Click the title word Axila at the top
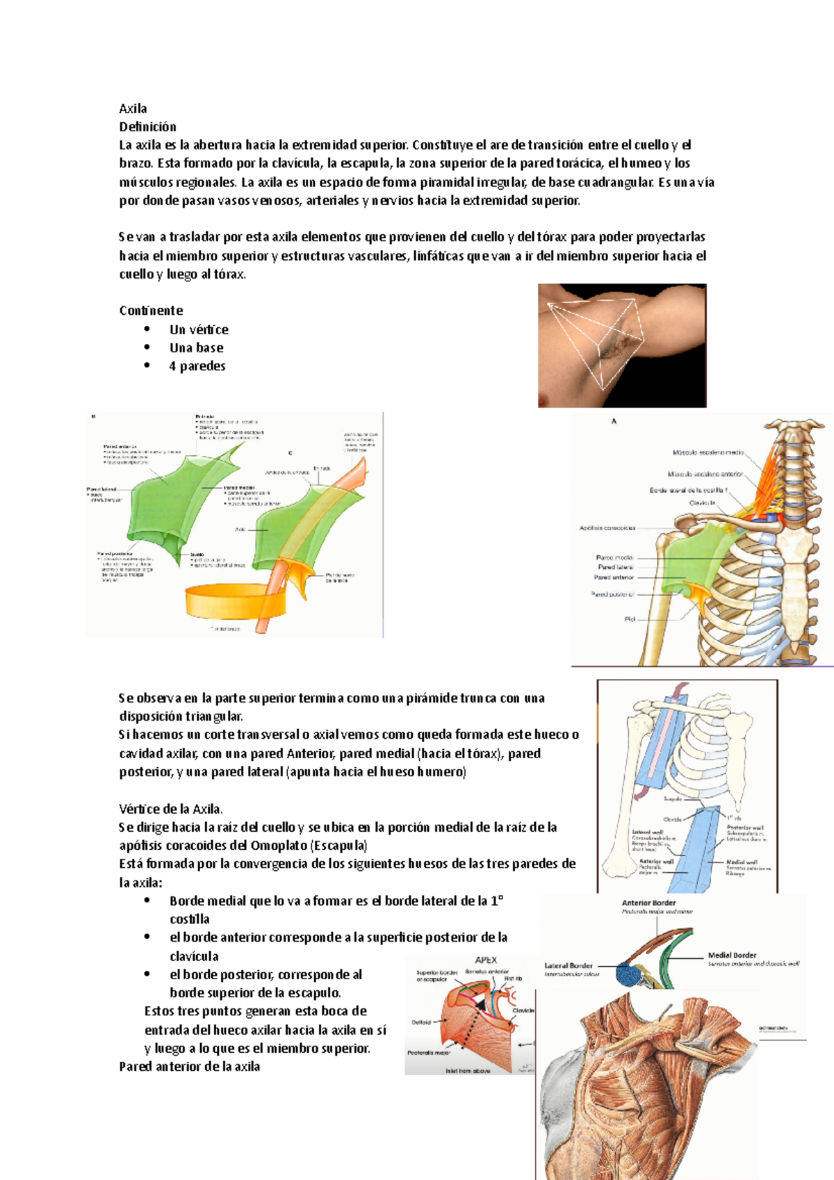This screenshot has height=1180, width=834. (x=133, y=108)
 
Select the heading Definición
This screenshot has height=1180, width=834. (x=147, y=126)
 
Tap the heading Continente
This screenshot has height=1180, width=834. (x=151, y=311)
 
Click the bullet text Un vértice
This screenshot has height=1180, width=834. (x=199, y=329)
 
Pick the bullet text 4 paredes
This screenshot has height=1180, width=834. (x=197, y=366)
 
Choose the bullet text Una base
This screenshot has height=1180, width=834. (x=197, y=347)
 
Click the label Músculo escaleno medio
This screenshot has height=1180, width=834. (x=708, y=453)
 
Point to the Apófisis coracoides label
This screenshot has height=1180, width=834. (x=607, y=528)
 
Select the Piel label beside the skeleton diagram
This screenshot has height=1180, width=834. (x=630, y=619)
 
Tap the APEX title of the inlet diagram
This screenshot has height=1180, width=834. (x=486, y=960)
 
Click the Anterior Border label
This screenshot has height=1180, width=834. (x=648, y=903)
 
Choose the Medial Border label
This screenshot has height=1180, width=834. (x=732, y=956)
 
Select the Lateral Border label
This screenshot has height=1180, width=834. (x=569, y=965)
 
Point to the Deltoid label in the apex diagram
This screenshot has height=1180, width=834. (x=421, y=1022)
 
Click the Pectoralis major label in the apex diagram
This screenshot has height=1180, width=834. (x=429, y=1053)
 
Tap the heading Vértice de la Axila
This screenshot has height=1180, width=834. (x=171, y=809)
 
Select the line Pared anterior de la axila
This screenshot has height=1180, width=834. (x=190, y=1067)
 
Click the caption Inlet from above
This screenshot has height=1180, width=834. (x=468, y=1071)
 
